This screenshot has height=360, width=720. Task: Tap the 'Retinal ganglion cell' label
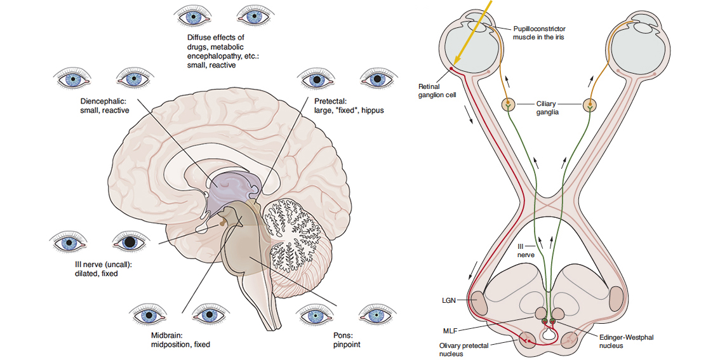pyautogui.click(x=436, y=90)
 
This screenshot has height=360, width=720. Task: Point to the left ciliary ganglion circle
pyautogui.click(x=508, y=104)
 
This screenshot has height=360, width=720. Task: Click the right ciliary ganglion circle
pyautogui.click(x=591, y=104)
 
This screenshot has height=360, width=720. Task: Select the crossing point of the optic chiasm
pyautogui.click(x=550, y=198)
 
